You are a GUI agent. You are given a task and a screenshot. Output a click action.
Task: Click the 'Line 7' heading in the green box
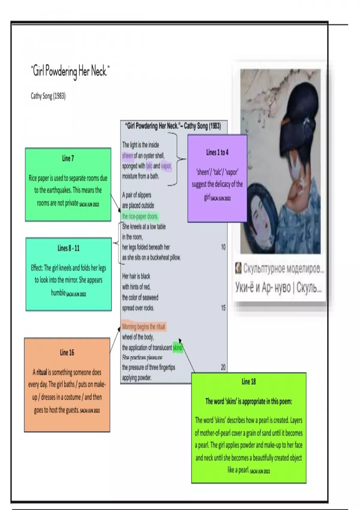tap(68, 158)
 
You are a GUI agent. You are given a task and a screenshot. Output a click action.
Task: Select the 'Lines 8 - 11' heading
tap(68, 248)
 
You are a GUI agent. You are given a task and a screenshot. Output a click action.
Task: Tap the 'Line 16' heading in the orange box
tap(67, 352)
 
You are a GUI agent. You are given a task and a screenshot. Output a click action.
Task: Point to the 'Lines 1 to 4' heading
tap(217, 152)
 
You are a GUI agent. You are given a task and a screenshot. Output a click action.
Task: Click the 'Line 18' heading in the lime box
tap(249, 382)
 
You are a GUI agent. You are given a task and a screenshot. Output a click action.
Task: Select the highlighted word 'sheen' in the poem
tap(127, 155)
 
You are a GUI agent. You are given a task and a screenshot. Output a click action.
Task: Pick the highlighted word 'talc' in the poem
tap(149, 166)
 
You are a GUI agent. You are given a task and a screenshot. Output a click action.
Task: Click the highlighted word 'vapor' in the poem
tap(166, 166)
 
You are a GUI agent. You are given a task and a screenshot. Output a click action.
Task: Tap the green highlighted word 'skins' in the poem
tap(178, 348)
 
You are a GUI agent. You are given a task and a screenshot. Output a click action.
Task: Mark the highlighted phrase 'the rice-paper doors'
tap(140, 216)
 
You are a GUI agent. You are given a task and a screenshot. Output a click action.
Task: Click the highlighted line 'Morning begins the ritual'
tap(144, 327)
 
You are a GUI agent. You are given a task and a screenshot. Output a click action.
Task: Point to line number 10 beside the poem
tap(223, 247)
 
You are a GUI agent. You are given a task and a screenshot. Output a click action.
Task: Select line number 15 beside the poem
tap(223, 308)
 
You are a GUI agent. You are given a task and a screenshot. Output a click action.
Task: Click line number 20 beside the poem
tap(223, 367)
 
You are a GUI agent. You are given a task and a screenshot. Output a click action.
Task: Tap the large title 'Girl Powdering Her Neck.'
tap(70, 71)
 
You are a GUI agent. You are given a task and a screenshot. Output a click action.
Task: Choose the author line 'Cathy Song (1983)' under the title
tap(48, 96)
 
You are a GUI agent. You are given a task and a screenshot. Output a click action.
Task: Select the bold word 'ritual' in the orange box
tap(42, 373)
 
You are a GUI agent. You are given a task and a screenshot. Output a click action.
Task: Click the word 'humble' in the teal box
tap(58, 293)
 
